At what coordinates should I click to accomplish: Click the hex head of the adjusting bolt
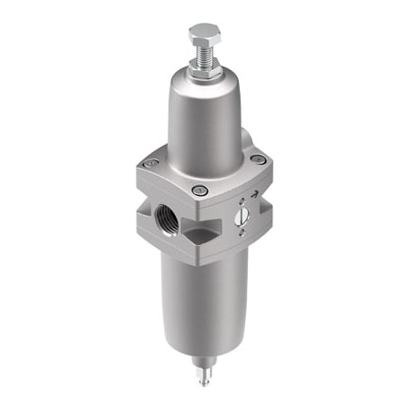(205, 36)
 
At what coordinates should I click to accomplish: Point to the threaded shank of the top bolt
(205, 56)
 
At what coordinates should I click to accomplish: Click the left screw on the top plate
(151, 164)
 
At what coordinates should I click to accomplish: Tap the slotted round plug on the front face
(243, 216)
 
